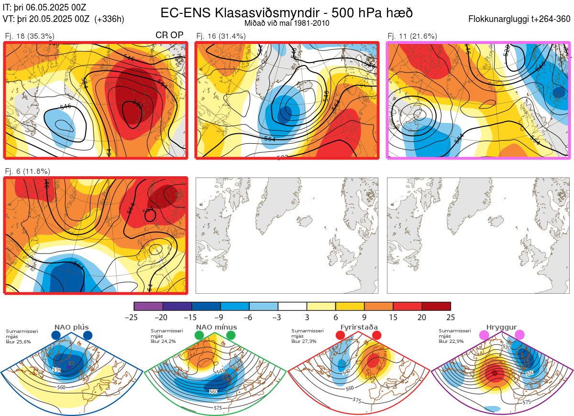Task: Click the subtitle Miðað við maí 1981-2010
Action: (287, 23)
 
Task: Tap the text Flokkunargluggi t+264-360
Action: (521, 20)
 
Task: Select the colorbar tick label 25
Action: (451, 317)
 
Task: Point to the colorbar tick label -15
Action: (192, 317)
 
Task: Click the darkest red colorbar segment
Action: (436, 306)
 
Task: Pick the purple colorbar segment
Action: (148, 306)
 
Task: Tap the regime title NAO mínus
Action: (216, 327)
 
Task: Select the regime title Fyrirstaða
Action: (358, 327)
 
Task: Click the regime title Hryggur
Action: (501, 327)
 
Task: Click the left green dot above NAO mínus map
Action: (199, 336)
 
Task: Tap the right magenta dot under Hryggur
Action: (519, 336)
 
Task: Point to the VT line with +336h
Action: (64, 19)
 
